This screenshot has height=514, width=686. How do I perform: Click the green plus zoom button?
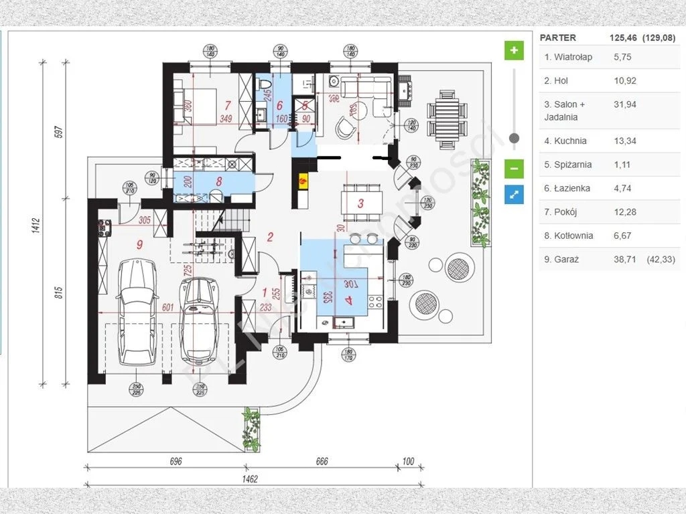click(x=514, y=51)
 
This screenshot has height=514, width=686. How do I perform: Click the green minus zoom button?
click(x=514, y=168)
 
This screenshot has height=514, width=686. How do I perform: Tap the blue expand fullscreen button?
click(x=514, y=195)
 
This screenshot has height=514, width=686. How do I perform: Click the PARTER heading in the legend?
click(x=557, y=37)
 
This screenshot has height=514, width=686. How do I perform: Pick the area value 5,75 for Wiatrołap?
click(x=622, y=57)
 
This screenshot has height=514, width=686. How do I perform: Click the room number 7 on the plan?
click(x=228, y=105)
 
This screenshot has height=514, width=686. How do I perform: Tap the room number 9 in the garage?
click(x=139, y=245)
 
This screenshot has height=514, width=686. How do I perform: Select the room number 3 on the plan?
click(x=360, y=204)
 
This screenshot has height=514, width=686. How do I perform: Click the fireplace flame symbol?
click(x=303, y=179)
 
